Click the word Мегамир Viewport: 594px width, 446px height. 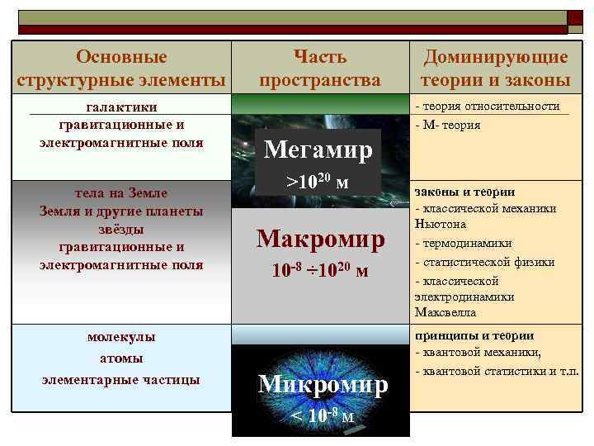[318, 150]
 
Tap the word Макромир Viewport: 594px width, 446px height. [321, 238]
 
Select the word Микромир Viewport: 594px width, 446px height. [322, 384]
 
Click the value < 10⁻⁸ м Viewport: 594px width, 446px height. [321, 415]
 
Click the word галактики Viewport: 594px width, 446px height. [121, 107]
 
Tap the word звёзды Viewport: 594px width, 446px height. [121, 229]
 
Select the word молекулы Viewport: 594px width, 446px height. [121, 337]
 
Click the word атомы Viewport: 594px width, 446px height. [121, 358]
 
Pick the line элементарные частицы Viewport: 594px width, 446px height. [121, 379]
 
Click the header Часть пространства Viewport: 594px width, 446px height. [320, 69]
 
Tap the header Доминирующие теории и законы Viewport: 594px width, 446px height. [495, 69]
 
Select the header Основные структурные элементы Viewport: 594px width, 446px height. [121, 69]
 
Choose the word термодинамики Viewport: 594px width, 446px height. [467, 244]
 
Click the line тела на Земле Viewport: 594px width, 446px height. [121, 193]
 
